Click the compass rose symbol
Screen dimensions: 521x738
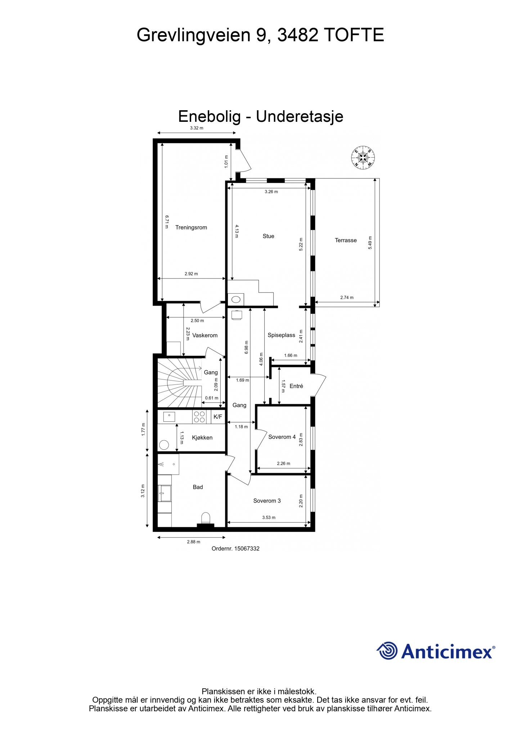click(x=363, y=157)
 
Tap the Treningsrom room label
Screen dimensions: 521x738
click(x=191, y=227)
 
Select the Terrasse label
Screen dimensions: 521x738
click(x=346, y=240)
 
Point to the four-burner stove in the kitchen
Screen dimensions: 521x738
click(x=199, y=417)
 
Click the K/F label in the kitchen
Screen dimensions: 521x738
click(x=218, y=417)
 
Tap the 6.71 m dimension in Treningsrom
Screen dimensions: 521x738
click(x=167, y=222)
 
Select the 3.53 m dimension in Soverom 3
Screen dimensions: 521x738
click(x=269, y=517)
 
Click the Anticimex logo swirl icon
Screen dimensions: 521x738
click(x=387, y=651)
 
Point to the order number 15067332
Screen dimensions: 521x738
click(x=235, y=548)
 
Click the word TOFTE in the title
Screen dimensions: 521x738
click(x=354, y=35)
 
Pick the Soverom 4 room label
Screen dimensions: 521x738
click(x=282, y=437)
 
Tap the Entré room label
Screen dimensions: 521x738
click(x=296, y=386)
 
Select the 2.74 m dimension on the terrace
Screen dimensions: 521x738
click(x=347, y=298)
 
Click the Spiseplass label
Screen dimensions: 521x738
click(x=281, y=335)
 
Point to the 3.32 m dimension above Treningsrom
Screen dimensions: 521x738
click(x=197, y=128)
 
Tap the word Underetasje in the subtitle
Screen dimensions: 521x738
click(x=300, y=116)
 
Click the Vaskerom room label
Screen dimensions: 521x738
click(x=205, y=335)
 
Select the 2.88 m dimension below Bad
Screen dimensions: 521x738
click(x=193, y=542)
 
